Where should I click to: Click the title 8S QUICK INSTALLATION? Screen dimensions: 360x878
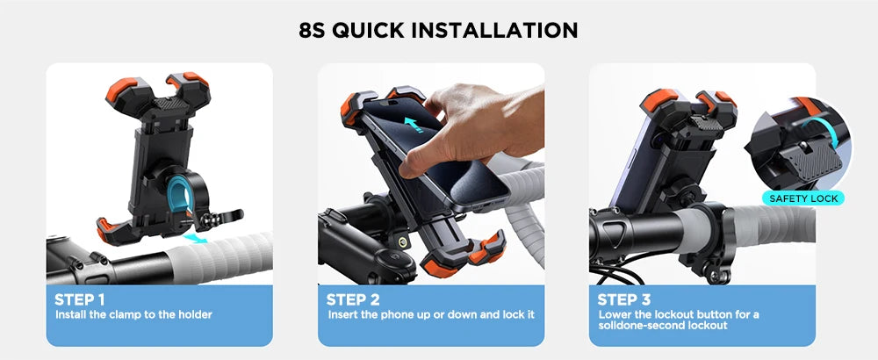point(438,30)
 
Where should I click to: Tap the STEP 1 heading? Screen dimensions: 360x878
point(80,299)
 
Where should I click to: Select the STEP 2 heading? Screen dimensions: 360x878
point(353,299)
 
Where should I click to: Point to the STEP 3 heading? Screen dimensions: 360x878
point(624,299)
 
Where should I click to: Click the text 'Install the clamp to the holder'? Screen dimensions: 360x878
point(133,314)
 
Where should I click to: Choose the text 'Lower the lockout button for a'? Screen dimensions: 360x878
point(678,314)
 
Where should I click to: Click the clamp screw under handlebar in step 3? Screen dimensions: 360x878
point(721,276)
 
